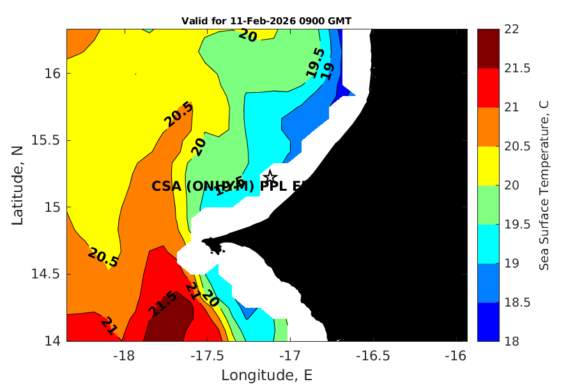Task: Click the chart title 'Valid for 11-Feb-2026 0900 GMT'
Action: pyautogui.click(x=266, y=21)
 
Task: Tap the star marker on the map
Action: pyautogui.click(x=270, y=176)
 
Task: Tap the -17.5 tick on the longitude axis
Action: pyautogui.click(x=206, y=354)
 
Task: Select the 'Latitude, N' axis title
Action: pyautogui.click(x=18, y=185)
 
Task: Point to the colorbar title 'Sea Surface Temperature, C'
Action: pyautogui.click(x=544, y=185)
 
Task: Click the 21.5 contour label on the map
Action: pyautogui.click(x=162, y=304)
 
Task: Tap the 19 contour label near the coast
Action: pyautogui.click(x=328, y=71)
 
